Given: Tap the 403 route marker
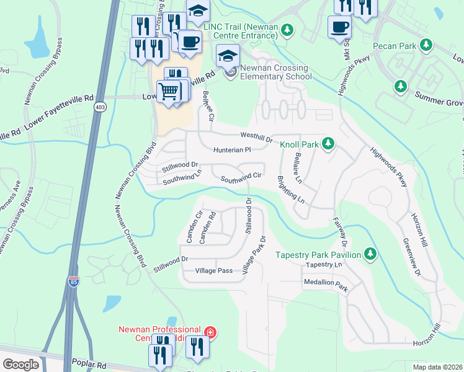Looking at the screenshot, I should pos(99,107).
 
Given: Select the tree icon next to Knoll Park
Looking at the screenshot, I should pos(329,144).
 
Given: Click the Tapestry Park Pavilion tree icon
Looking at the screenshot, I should pos(370,254).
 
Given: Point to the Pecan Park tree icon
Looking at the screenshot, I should pos(426,45).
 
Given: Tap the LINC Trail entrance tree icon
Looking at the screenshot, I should pos(287,29).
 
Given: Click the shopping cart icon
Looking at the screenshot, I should pos(169,92).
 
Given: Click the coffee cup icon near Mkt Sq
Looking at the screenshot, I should pos(339,28).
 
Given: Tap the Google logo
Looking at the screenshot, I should pos(20,364).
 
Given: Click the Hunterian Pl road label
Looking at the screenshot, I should pos(231,150).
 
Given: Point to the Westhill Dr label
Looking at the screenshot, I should pos(256,138).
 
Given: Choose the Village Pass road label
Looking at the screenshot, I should pos(213,271).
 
